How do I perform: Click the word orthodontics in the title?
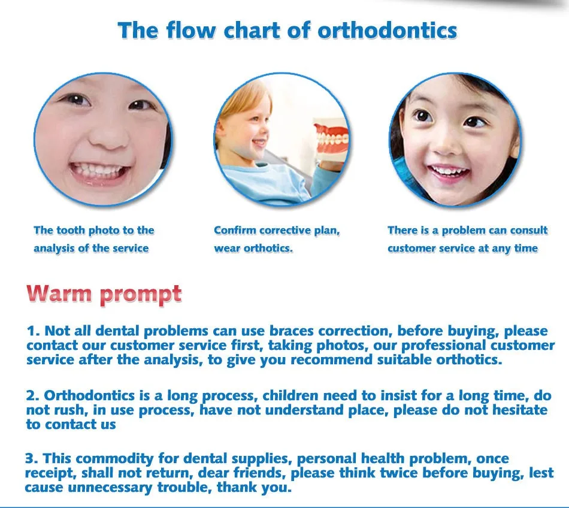387,30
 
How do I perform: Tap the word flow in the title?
191,30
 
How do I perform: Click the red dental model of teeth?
331,139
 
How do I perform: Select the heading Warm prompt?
104,294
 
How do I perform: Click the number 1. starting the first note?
33,331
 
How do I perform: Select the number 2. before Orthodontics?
33,395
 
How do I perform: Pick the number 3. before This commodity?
32,458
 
